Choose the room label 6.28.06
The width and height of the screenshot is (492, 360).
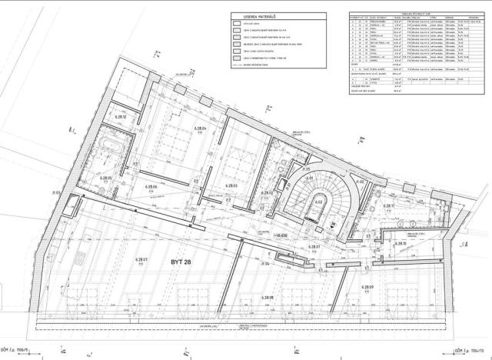[x=150, y=187]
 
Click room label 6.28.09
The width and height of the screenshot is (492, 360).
[x=368, y=286]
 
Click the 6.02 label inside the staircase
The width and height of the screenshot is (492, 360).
[x=317, y=202]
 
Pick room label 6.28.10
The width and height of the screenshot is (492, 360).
[x=400, y=244]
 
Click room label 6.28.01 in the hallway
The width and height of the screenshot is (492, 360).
[x=314, y=246]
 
